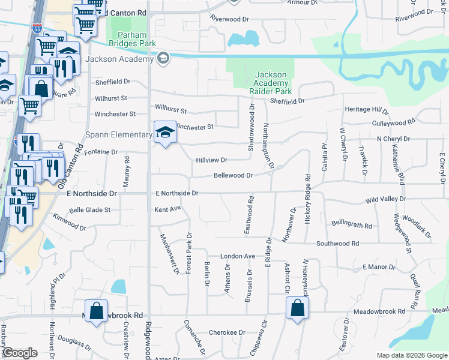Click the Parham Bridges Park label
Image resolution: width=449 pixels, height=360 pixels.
(132, 39)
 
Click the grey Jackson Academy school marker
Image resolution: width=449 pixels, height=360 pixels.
(163, 59)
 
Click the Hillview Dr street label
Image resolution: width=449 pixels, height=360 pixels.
(211, 160)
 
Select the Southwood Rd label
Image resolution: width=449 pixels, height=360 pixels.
(337, 244)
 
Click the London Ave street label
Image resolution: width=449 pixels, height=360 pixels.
(238, 256)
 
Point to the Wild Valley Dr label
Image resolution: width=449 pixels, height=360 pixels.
(385, 199)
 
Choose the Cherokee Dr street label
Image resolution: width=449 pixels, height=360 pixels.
(228, 332)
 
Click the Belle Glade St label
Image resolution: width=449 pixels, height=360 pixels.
(90, 210)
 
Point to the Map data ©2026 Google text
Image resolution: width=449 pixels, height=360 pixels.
(412, 355)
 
